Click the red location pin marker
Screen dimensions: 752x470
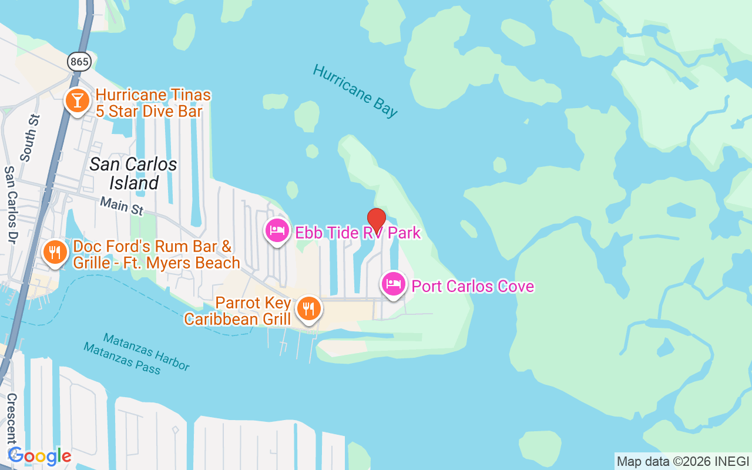point(376,220)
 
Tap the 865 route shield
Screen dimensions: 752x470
point(79,61)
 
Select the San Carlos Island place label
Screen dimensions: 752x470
point(133,173)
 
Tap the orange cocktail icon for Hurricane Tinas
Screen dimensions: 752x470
point(76,100)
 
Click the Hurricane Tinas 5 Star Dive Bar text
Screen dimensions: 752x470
point(153,103)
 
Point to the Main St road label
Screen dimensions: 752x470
point(122,206)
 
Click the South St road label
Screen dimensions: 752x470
point(29,137)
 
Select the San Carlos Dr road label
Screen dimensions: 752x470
point(11,204)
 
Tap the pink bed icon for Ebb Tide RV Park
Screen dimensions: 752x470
point(277,230)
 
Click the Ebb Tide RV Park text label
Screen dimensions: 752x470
point(358,233)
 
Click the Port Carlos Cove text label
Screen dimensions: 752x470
point(472,286)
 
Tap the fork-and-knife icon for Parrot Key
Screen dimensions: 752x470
point(308,307)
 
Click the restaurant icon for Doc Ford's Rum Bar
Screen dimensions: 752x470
point(55,253)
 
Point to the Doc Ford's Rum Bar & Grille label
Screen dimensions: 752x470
point(156,254)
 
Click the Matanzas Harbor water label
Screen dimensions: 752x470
point(146,352)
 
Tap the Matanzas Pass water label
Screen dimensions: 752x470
point(122,358)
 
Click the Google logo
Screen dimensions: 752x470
point(39,456)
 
